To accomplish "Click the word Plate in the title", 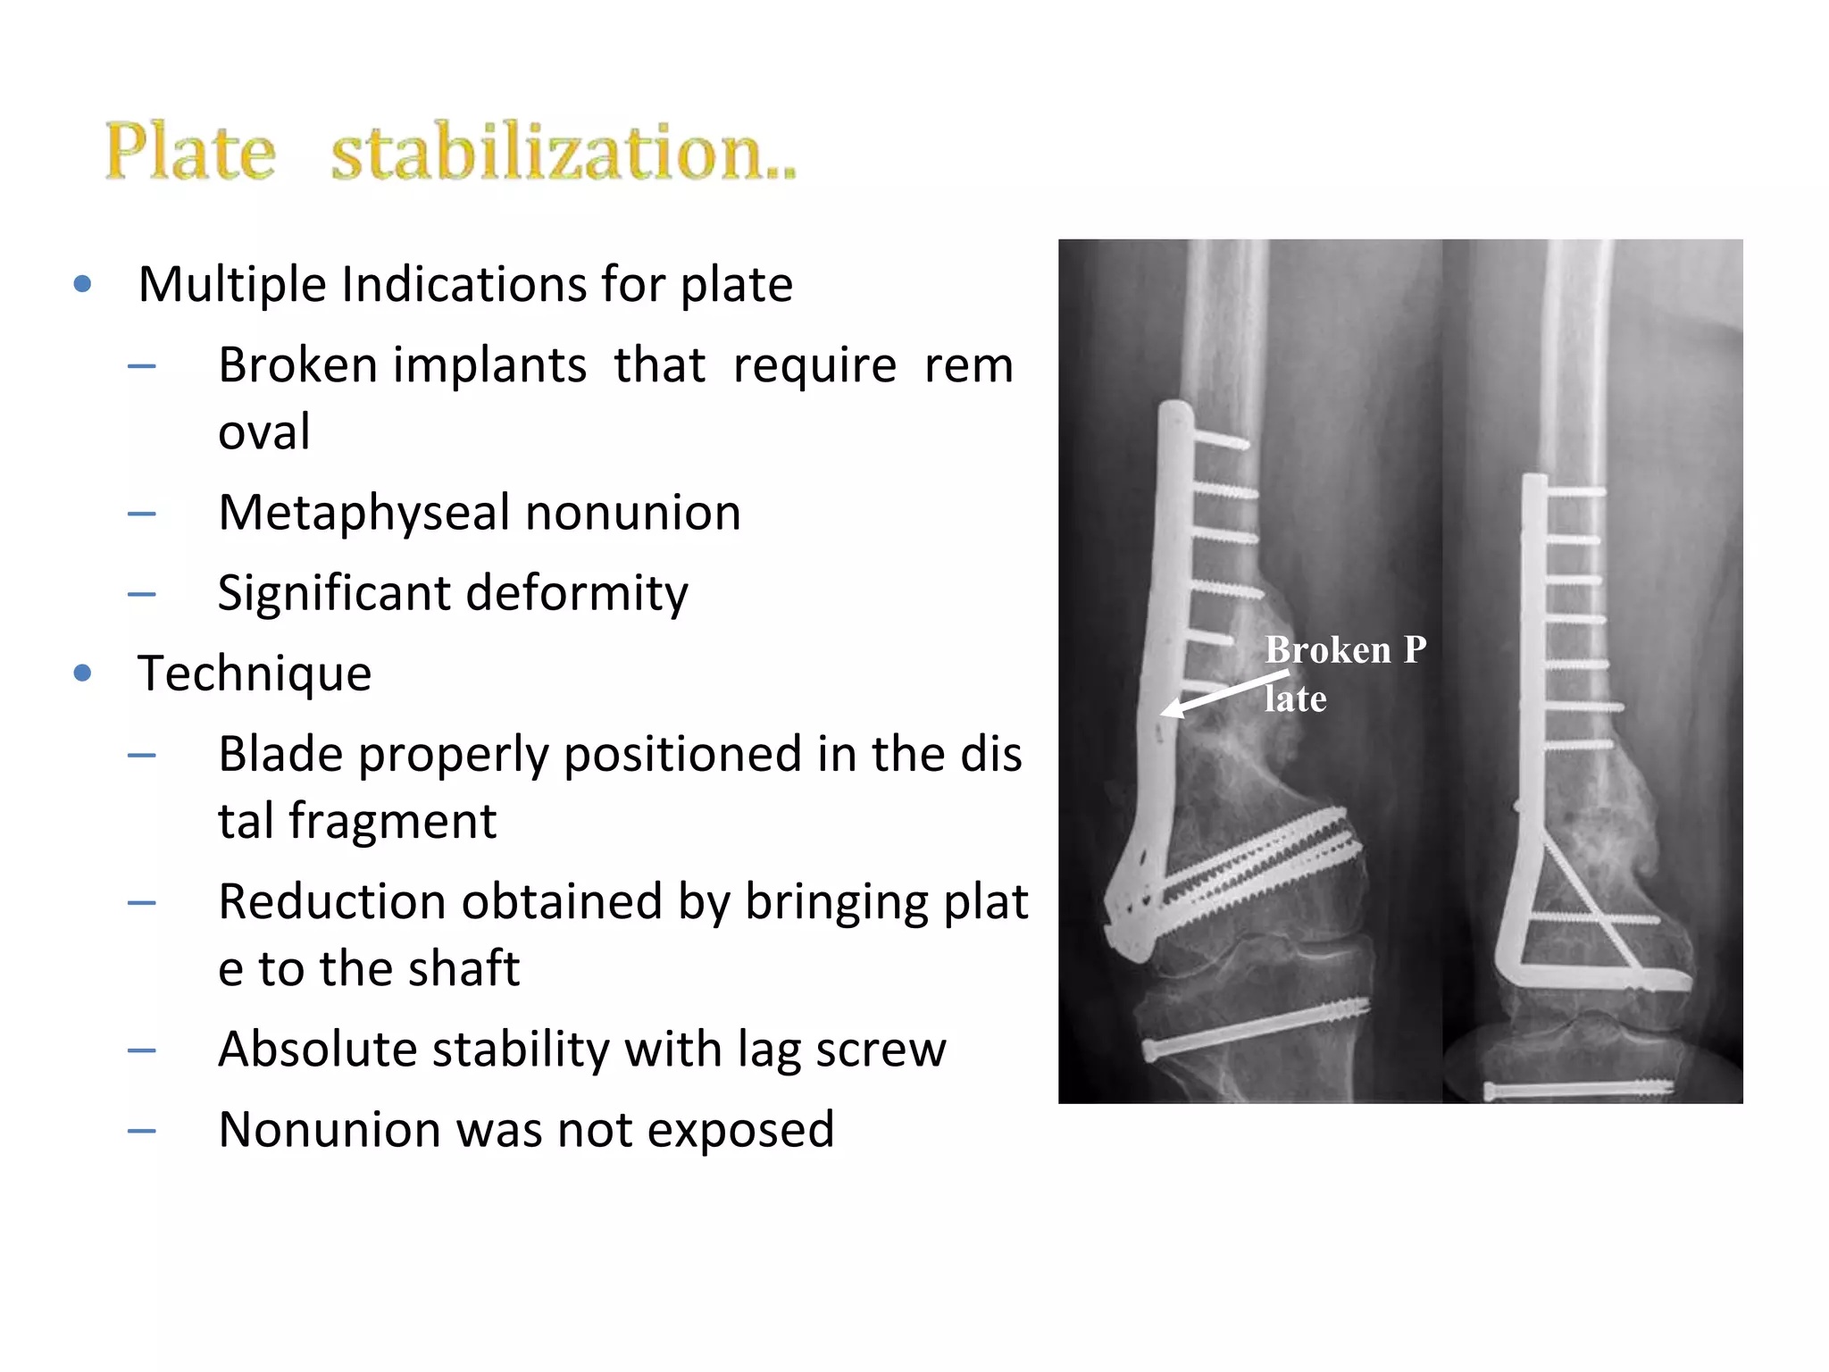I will pyautogui.click(x=190, y=151).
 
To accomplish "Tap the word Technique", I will pyautogui.click(x=255, y=673).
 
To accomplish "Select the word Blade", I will pyautogui.click(x=280, y=754).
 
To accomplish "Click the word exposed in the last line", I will pyautogui.click(x=740, y=1129).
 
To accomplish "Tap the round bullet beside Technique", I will pyautogui.click(x=83, y=673).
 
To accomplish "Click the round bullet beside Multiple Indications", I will pyautogui.click(x=83, y=284).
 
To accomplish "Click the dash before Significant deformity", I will pyautogui.click(x=142, y=594).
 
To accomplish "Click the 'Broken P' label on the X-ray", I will pyautogui.click(x=1345, y=650).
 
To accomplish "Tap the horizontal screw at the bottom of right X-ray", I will pyautogui.click(x=1578, y=1090).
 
